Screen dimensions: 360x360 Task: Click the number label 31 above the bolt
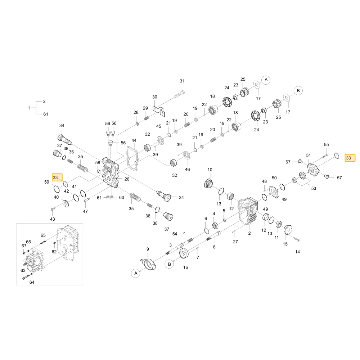pyautogui.click(x=182, y=81)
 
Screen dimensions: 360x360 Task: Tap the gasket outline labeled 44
pyautogui.click(x=132, y=158)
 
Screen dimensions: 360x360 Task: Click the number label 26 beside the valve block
pyautogui.click(x=127, y=179)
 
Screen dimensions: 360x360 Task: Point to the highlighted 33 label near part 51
pyautogui.click(x=348, y=158)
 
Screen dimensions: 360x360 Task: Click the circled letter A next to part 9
pyautogui.click(x=135, y=273)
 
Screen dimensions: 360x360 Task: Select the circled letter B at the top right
pyautogui.click(x=298, y=91)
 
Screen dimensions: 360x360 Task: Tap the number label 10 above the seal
pyautogui.click(x=210, y=170)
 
